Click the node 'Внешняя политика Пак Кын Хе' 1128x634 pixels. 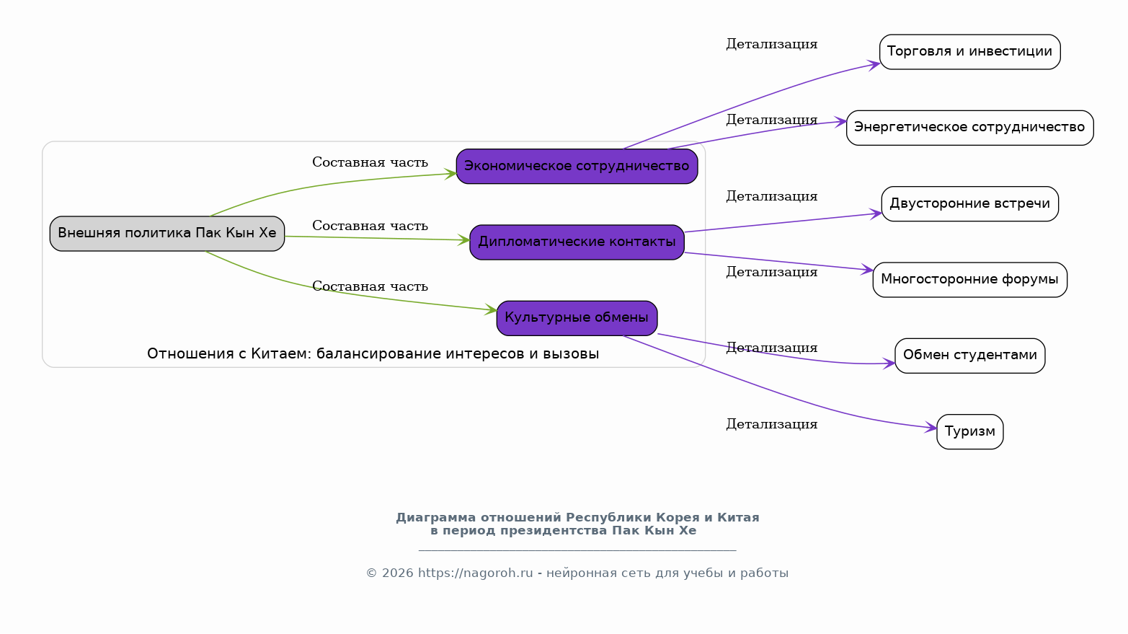point(167,234)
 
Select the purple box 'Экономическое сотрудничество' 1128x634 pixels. point(577,167)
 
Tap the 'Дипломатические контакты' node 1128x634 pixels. point(577,242)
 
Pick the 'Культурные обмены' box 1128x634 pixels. point(577,318)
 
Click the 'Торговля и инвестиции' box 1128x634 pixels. point(969,52)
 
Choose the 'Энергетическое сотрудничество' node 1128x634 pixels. point(969,128)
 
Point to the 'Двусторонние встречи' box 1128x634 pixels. point(969,204)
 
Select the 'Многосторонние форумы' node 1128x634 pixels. point(969,280)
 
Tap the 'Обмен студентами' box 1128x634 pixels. point(969,356)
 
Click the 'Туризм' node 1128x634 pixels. point(969,432)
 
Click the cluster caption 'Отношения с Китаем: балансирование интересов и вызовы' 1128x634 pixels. point(373,354)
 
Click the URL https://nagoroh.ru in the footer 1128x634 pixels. point(475,573)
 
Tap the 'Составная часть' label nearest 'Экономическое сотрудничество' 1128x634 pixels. point(370,163)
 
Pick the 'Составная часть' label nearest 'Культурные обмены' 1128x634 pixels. point(370,287)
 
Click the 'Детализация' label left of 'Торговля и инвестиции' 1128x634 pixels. point(771,45)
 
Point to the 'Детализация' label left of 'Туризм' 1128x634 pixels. point(771,425)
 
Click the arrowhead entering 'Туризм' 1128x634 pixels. point(931,428)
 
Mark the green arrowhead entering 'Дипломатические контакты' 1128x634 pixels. point(464,240)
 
